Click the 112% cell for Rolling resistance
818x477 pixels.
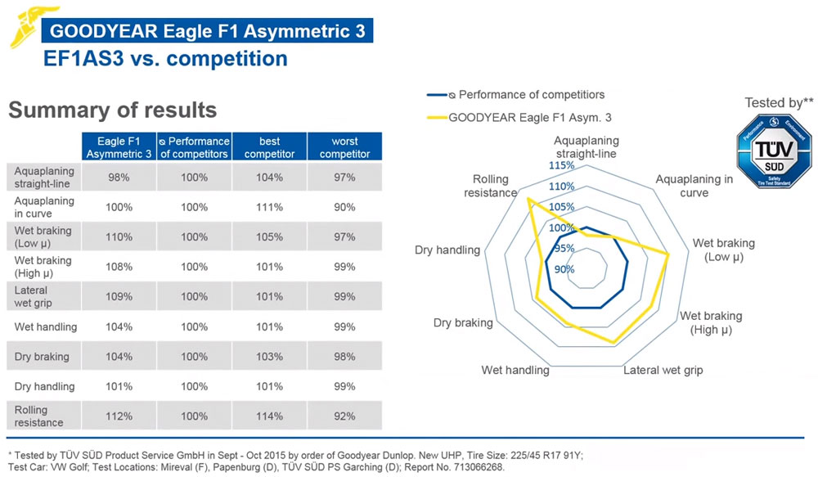119,416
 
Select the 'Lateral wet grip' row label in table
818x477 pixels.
31,296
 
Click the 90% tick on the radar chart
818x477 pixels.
564,268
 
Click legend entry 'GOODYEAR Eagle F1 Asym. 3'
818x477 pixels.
528,117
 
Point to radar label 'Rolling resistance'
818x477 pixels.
490,186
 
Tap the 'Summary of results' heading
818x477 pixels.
112,110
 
